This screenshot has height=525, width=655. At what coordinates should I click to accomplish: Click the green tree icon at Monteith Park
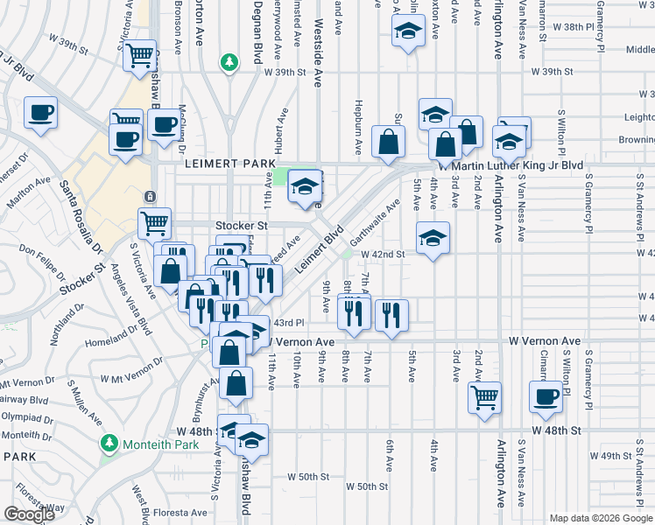pyautogui.click(x=109, y=444)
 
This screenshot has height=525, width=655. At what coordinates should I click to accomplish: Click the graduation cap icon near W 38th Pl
pyautogui.click(x=406, y=34)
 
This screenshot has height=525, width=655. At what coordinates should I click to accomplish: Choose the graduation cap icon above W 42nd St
pyautogui.click(x=432, y=238)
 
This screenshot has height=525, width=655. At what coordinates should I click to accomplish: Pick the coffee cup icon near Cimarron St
pyautogui.click(x=546, y=395)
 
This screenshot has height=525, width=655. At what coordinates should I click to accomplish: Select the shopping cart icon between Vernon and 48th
pyautogui.click(x=484, y=396)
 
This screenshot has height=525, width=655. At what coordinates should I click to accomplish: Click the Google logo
pyautogui.click(x=29, y=514)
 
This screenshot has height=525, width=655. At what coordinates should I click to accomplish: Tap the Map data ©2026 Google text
pyautogui.click(x=601, y=518)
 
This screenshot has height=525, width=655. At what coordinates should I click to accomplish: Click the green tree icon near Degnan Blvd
pyautogui.click(x=229, y=62)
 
